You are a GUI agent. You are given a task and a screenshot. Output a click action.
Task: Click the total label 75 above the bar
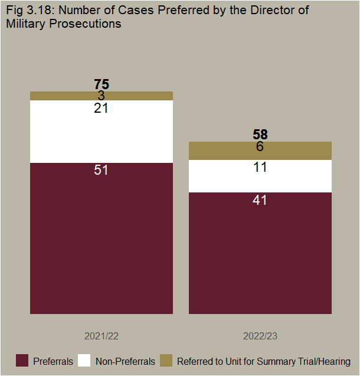pyautogui.click(x=102, y=84)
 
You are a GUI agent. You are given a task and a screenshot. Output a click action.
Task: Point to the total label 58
pyautogui.click(x=260, y=135)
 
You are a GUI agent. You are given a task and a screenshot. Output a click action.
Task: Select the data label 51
pyautogui.click(x=102, y=170)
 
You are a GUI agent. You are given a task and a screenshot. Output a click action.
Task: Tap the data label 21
pyautogui.click(x=102, y=109)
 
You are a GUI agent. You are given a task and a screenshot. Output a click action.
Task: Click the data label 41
pyautogui.click(x=260, y=200)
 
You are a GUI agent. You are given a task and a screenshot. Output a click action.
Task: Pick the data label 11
pyautogui.click(x=260, y=167)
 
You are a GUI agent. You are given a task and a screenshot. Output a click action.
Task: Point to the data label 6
pyautogui.click(x=260, y=147)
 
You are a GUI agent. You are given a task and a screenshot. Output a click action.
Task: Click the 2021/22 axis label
pyautogui.click(x=102, y=336)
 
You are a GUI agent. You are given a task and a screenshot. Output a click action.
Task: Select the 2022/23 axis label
pyautogui.click(x=260, y=336)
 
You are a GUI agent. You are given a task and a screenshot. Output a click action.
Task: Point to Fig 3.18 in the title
pyautogui.click(x=27, y=11)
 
